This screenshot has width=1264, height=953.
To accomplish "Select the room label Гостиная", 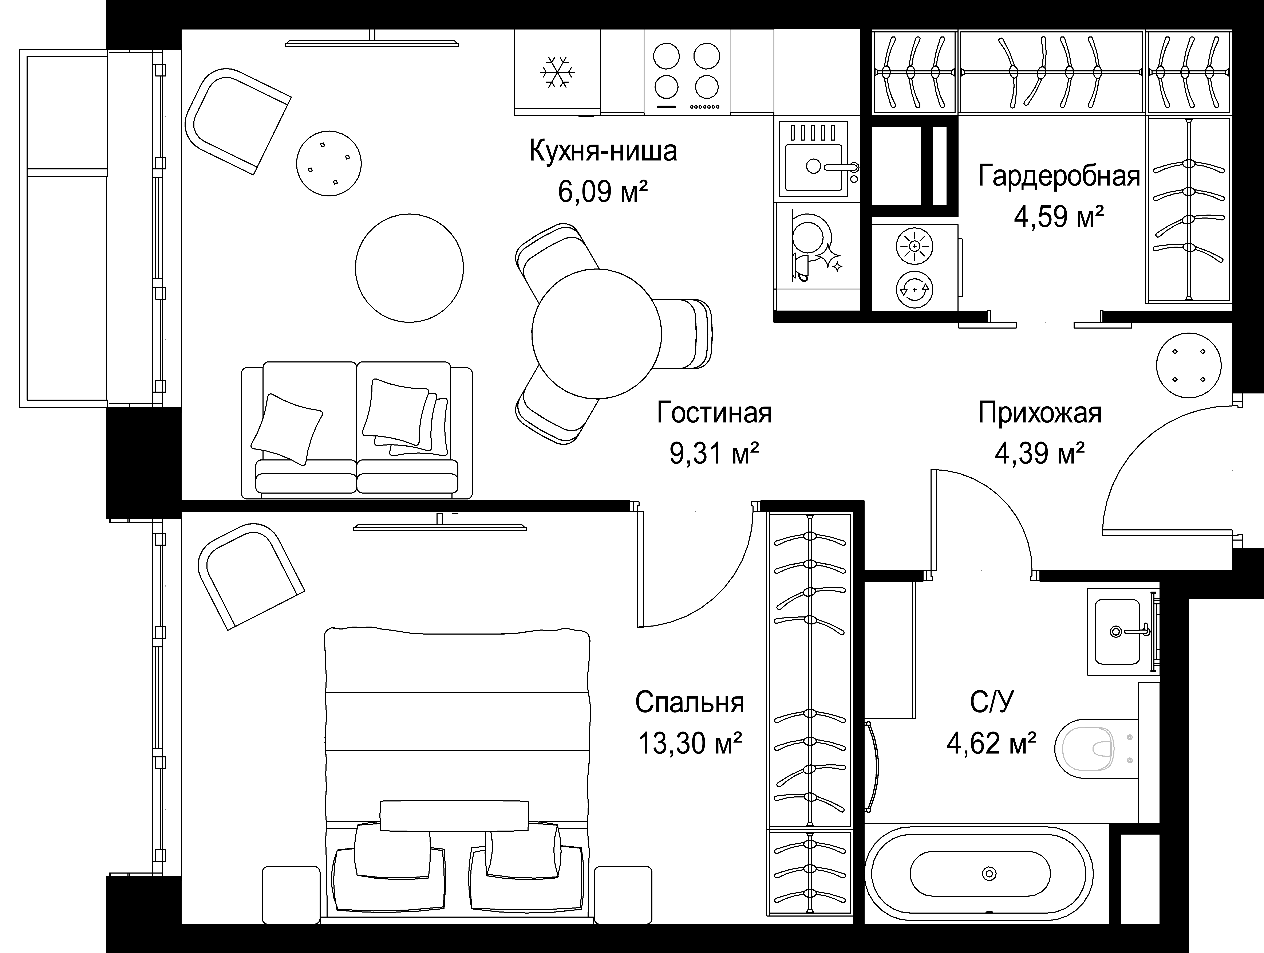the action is coord(714,413).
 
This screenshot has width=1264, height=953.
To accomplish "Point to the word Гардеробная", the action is coord(1059,176).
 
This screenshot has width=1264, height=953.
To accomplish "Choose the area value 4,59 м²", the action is coord(1058,217).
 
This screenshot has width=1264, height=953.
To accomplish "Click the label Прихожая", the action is coord(1040,413).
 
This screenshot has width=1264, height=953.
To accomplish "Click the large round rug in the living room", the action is coord(409,268).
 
